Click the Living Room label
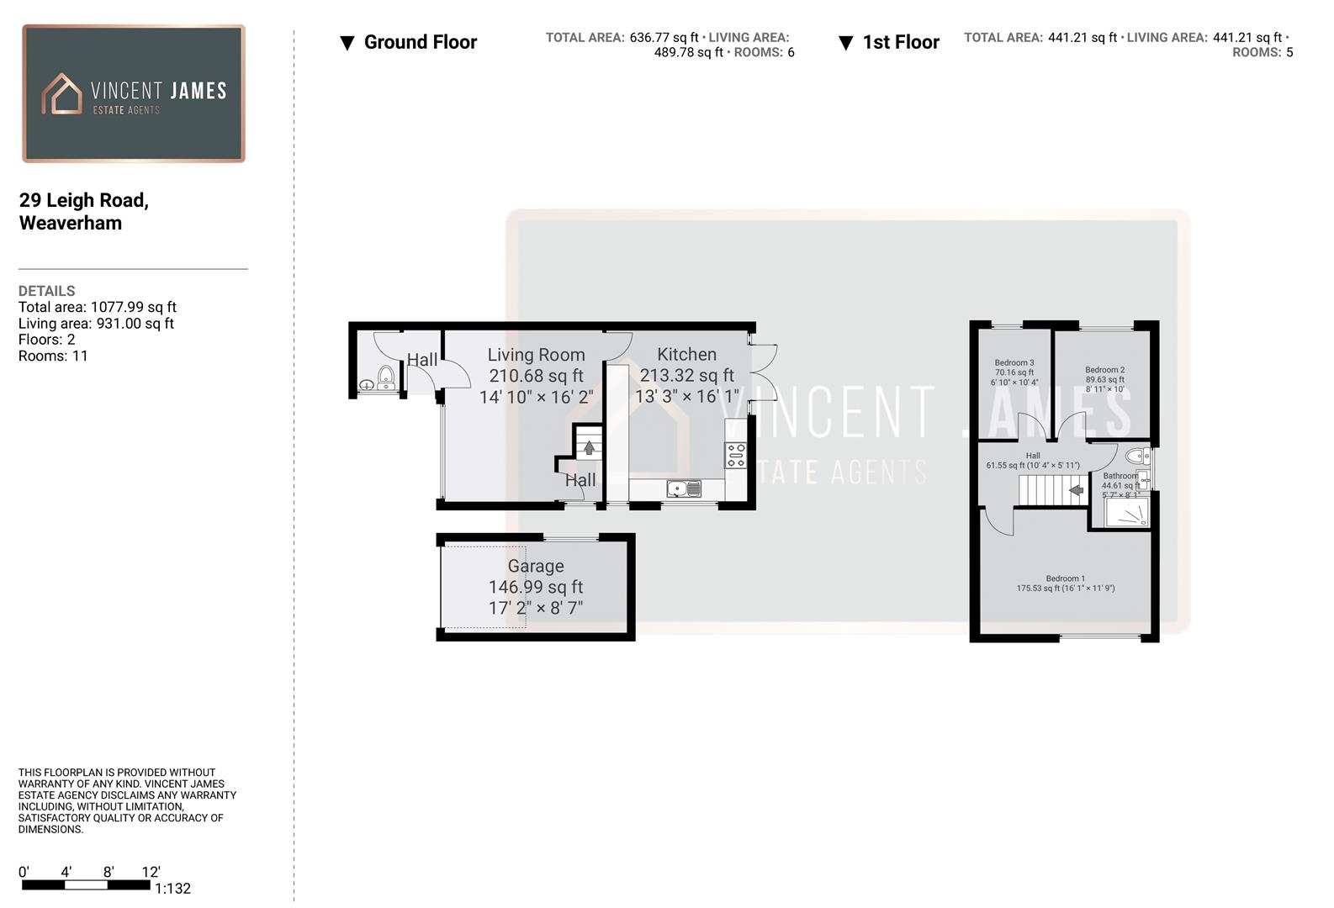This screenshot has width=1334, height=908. click(536, 355)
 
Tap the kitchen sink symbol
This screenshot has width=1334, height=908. click(684, 488)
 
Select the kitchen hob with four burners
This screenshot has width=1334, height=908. click(736, 455)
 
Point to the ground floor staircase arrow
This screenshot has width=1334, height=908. click(589, 447)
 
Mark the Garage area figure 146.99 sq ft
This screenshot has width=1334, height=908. click(536, 587)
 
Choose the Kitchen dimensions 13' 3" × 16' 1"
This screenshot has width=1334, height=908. click(686, 396)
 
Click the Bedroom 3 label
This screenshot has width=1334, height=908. click(1014, 362)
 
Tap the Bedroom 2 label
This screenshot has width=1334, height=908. click(1104, 369)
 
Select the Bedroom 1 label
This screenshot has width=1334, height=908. click(1065, 578)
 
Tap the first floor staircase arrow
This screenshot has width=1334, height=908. click(1077, 489)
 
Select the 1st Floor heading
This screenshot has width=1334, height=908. click(900, 42)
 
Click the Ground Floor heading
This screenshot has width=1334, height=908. click(420, 42)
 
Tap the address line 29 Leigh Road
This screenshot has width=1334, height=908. click(84, 200)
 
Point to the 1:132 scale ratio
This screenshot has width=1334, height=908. click(172, 889)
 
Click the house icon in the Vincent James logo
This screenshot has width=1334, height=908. click(61, 92)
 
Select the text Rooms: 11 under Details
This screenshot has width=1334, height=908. click(53, 356)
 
